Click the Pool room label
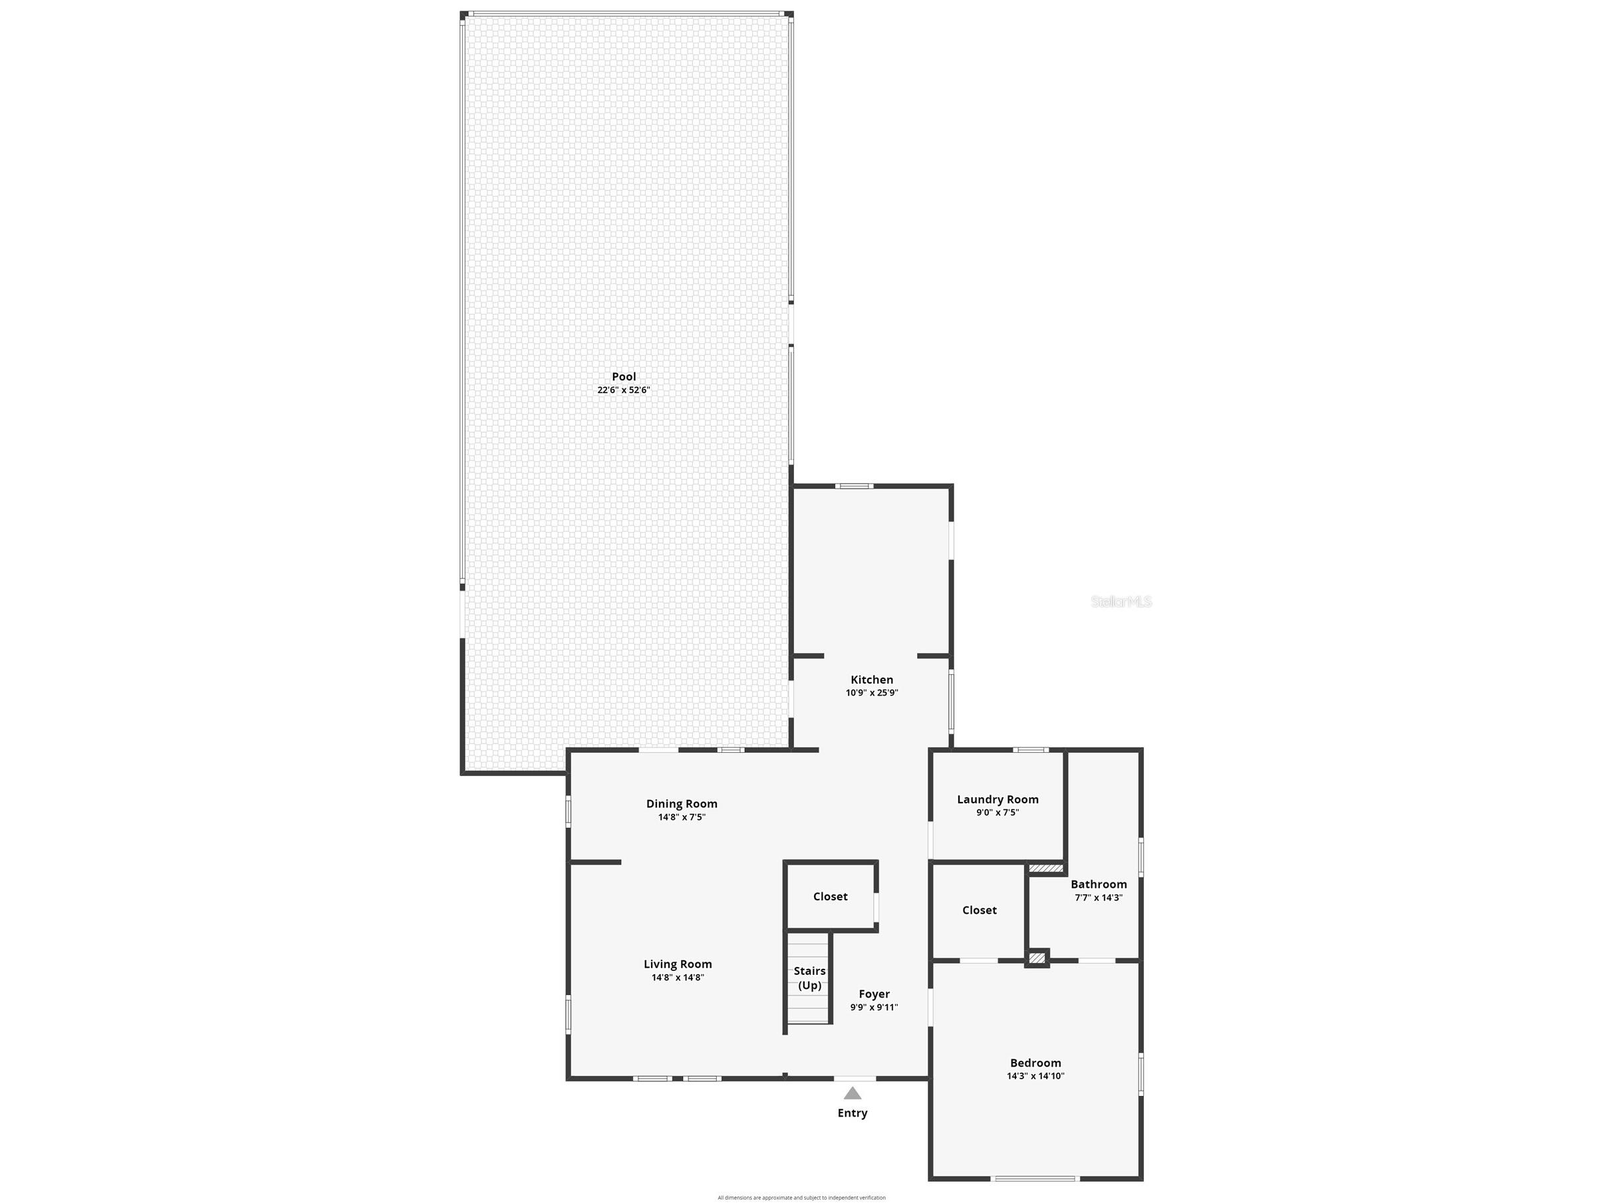[x=624, y=376]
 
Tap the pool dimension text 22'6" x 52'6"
[x=624, y=390]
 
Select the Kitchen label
[x=872, y=680]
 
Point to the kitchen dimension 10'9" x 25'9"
[x=872, y=692]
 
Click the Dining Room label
[x=682, y=803]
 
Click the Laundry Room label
[x=998, y=799]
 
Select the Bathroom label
[x=1099, y=884]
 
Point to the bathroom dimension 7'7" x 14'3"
[x=1099, y=898]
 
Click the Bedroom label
[x=1035, y=1063]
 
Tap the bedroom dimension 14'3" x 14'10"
[x=1035, y=1076]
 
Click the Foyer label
[x=874, y=994]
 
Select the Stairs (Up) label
[x=809, y=978]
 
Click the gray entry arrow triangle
[x=852, y=1093]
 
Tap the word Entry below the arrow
[x=852, y=1113]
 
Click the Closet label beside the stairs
[x=831, y=896]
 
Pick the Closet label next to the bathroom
[x=979, y=910]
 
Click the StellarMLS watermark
[x=1121, y=601]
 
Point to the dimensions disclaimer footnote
[x=801, y=1197]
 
